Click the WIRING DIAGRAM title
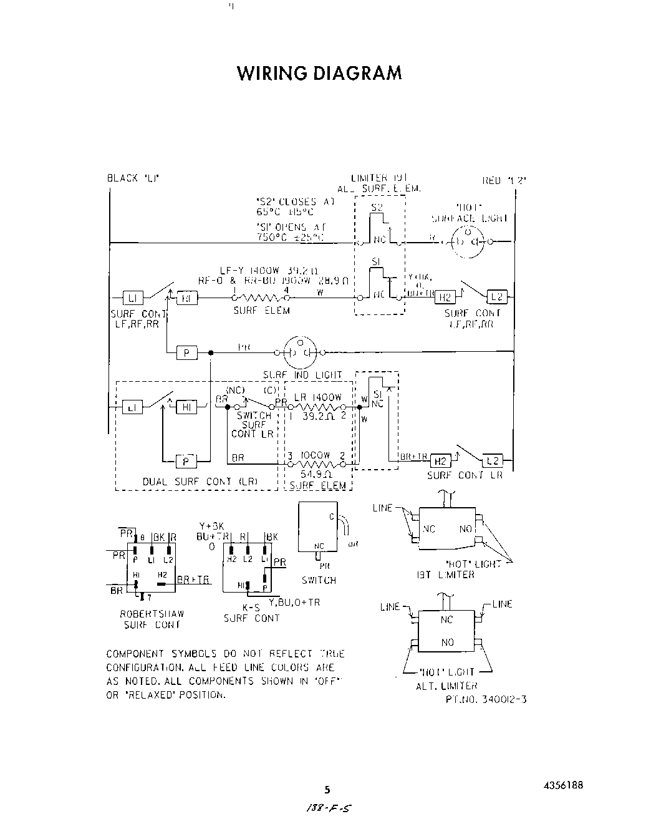(319, 73)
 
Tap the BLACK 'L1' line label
(133, 178)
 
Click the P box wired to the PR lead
(186, 353)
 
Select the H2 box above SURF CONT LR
(440, 461)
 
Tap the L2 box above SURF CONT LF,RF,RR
(496, 297)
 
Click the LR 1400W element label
(318, 397)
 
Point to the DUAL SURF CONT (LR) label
(200, 482)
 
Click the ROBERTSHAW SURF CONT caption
(152, 619)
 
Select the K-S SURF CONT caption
(251, 613)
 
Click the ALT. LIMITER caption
(446, 686)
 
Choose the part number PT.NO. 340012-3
(486, 699)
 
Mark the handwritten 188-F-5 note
(325, 808)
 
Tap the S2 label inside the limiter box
(377, 207)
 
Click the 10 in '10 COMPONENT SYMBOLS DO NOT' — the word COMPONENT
(135, 654)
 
